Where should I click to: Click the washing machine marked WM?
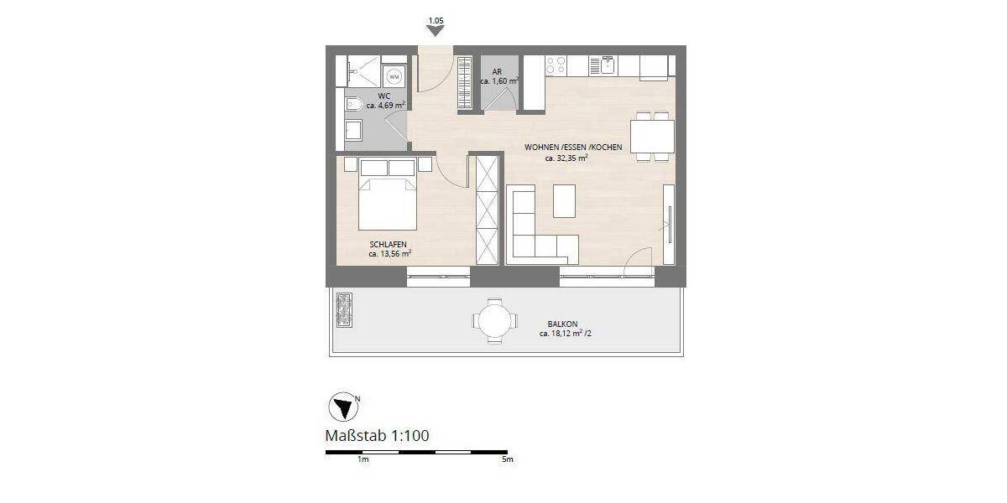[x=394, y=76]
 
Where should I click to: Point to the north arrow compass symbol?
[x=342, y=407]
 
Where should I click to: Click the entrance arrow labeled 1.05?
[x=435, y=30]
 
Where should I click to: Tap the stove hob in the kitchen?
[x=556, y=65]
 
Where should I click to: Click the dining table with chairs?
[x=652, y=135]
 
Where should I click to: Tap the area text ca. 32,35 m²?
[x=566, y=158]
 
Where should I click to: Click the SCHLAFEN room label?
[x=388, y=243]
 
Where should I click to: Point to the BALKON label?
[x=562, y=323]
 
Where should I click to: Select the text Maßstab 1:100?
[x=377, y=435]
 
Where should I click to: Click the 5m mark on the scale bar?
[x=506, y=460]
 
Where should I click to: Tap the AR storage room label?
[x=497, y=72]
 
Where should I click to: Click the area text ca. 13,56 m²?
[x=389, y=253]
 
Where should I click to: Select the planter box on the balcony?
[x=343, y=311]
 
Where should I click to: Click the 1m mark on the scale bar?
[x=363, y=460]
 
